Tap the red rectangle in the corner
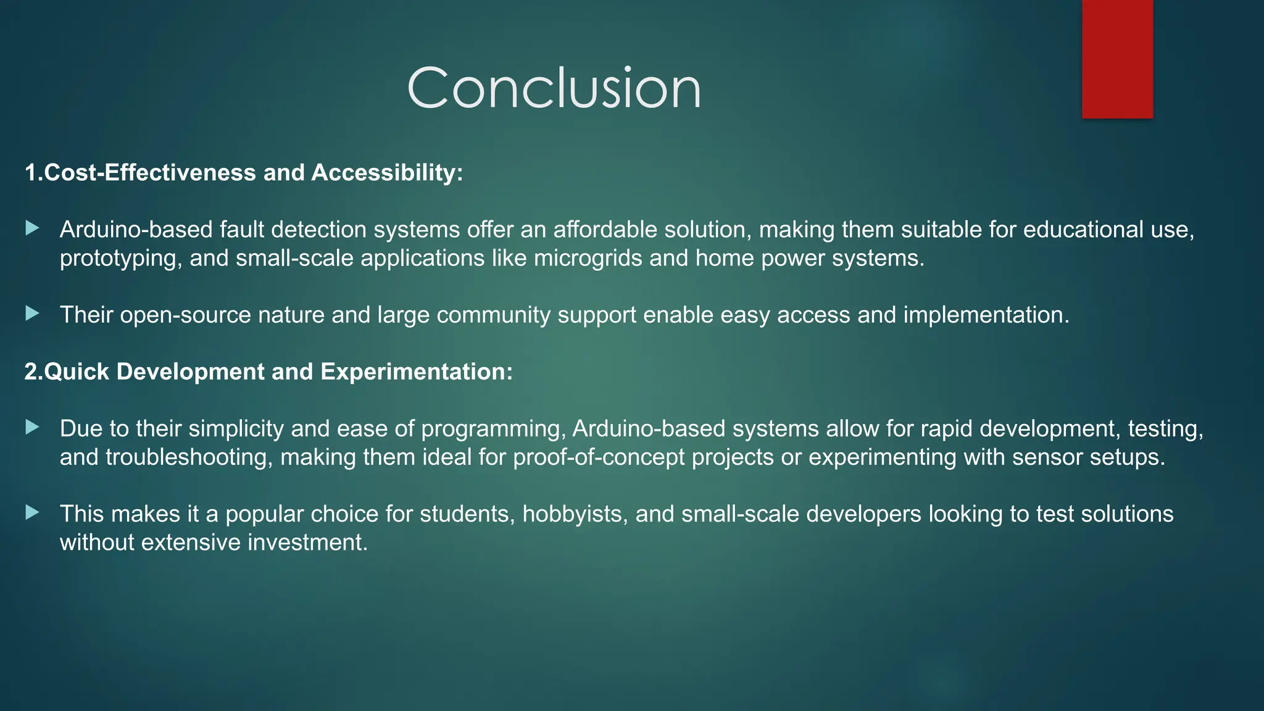[x=1117, y=59]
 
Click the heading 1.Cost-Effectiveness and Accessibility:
[x=244, y=173]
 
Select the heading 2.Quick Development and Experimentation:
[x=268, y=372]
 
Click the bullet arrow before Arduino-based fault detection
[x=33, y=229]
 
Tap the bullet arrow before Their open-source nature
[x=33, y=314]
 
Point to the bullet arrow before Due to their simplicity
[x=33, y=428]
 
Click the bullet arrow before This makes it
[x=33, y=513]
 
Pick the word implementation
[x=986, y=315]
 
